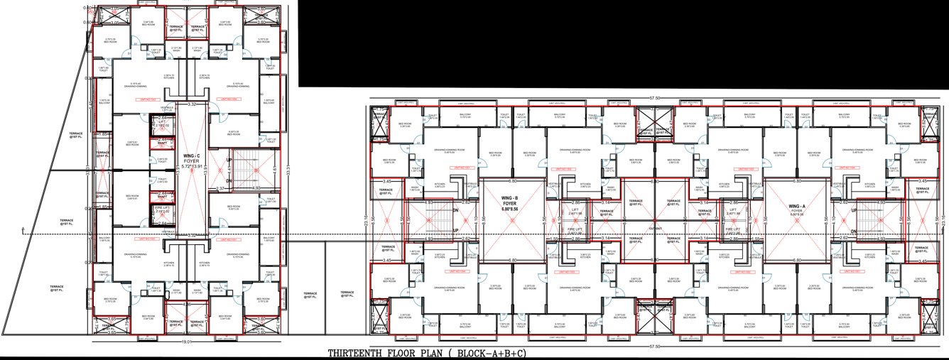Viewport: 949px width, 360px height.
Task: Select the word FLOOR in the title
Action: coord(404,353)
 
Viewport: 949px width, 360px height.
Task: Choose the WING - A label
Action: coord(796,206)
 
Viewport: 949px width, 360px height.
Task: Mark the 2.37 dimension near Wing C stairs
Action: coord(221,189)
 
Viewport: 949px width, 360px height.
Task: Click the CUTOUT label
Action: coord(654,229)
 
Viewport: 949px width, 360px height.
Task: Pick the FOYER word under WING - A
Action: coord(796,211)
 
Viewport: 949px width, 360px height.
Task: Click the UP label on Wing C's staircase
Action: coord(228,160)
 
